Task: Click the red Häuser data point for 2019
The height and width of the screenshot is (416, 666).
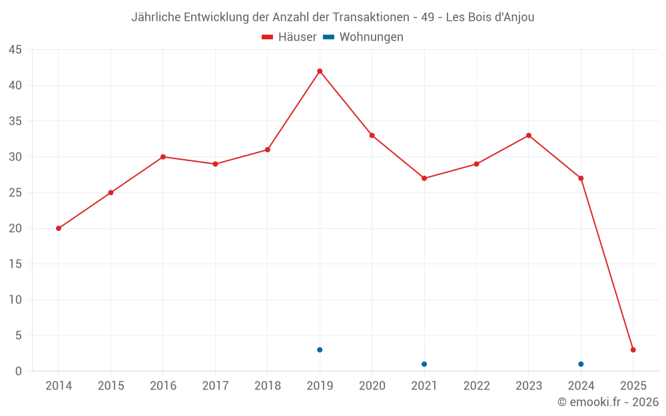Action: pos(320,71)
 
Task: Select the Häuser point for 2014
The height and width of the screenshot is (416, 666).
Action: pos(59,228)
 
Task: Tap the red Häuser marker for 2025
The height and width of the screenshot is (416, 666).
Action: pos(633,350)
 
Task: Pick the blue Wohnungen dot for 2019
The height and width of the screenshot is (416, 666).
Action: pos(320,350)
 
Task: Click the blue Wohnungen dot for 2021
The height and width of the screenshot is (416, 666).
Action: pos(424,364)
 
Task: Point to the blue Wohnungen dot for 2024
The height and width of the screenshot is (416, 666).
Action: pos(581,364)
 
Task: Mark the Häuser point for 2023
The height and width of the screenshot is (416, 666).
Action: pos(529,136)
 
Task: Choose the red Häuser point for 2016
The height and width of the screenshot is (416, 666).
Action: pos(163,157)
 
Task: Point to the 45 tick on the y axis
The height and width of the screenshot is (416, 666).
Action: pos(15,50)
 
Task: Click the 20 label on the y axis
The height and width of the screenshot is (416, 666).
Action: pos(15,228)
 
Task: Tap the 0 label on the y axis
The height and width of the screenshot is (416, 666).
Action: pos(19,371)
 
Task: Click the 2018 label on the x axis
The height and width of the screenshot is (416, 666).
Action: pos(268,386)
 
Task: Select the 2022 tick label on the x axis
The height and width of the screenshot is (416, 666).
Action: pos(476,386)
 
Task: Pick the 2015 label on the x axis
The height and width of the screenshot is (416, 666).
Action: pos(111,386)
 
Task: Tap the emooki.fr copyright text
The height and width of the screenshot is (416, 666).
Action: pos(608,402)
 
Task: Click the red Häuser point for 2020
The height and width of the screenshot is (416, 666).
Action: pos(372,136)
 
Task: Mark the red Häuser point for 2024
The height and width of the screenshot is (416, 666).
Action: pos(581,178)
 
